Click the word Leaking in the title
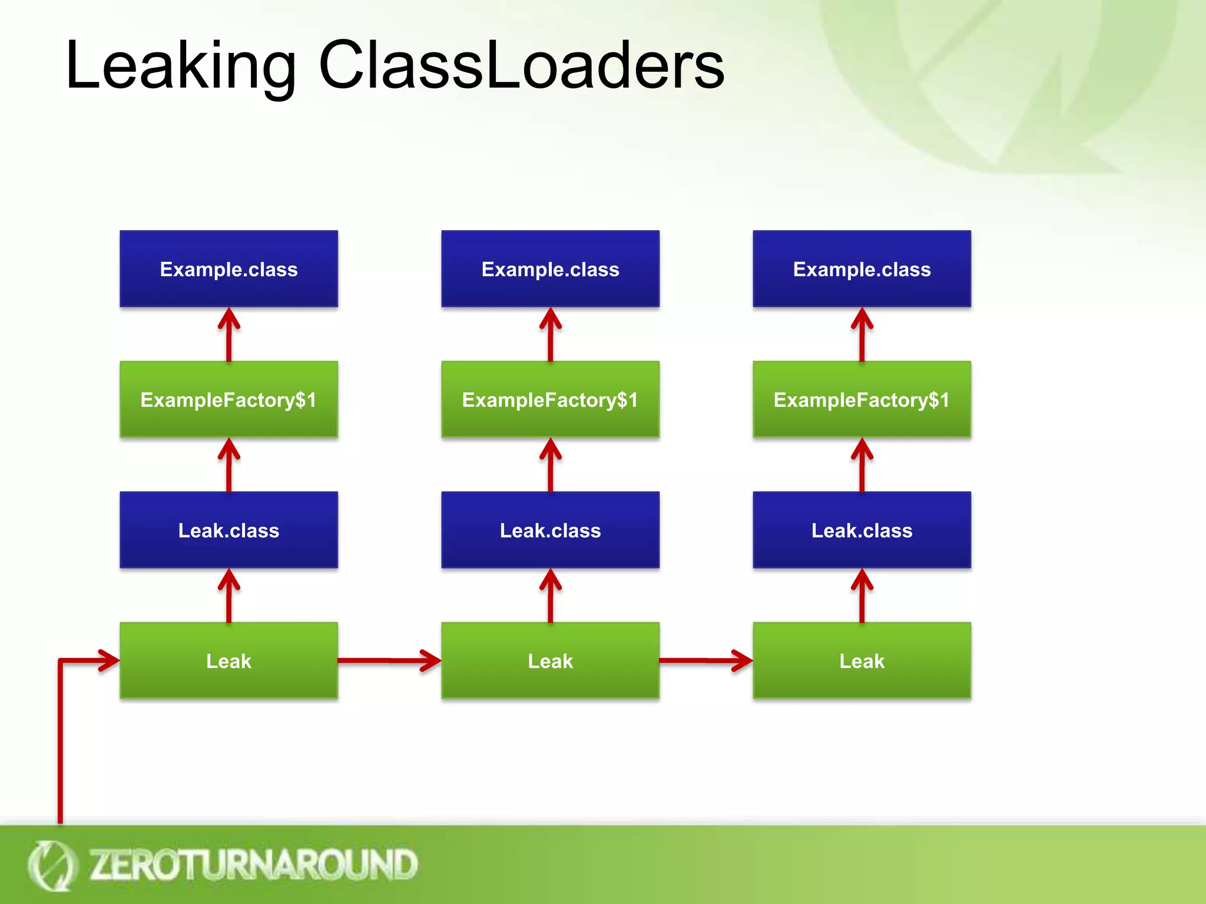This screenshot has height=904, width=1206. coord(180,66)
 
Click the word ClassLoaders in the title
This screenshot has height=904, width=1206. coord(521,66)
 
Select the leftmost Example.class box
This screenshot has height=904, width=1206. coord(228,269)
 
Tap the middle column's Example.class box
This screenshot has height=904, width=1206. coord(550,269)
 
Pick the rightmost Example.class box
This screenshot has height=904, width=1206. coord(862,269)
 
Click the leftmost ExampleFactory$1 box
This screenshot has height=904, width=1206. coord(228,400)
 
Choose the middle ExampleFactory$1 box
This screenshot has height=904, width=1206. coord(550,400)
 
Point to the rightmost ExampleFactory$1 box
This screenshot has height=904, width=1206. coord(862,400)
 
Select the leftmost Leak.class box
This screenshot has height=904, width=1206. coord(228,530)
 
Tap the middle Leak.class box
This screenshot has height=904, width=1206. coord(550,530)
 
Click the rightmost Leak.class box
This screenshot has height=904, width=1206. coord(862,530)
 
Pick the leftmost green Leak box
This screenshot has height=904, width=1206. coord(228,661)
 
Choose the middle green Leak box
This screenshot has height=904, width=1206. coord(550,661)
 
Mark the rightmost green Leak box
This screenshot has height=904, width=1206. coord(862,661)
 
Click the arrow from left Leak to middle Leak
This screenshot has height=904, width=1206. coord(389,660)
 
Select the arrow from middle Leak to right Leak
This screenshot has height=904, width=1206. coord(705,660)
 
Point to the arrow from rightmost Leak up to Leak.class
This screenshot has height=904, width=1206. coord(862,596)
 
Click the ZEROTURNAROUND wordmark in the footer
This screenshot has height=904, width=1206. coord(253,865)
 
